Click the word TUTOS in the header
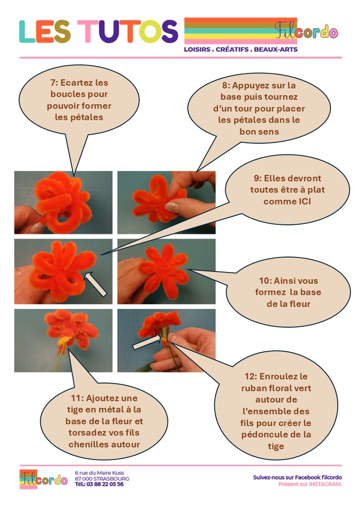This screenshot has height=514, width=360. tap(128, 31)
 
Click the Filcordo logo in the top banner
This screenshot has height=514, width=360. tap(306, 30)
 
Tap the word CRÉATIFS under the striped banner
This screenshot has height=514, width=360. tap(232, 49)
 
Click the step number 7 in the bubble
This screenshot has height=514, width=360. tap(53, 82)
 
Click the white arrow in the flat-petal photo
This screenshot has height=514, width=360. tap(95, 284)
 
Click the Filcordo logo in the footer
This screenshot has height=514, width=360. tap(43, 479)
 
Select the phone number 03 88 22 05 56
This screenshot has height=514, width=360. tap(105, 484)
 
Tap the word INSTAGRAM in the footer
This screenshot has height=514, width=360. tap(325, 484)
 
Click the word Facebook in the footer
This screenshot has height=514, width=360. tap(307, 477)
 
